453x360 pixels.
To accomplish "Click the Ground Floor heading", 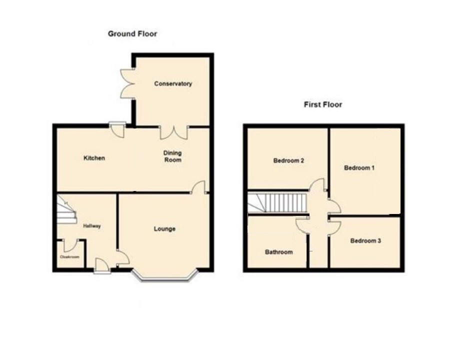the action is tap(132, 34).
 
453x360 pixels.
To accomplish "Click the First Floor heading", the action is tap(322, 104).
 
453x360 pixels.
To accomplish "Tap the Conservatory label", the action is tap(173, 84).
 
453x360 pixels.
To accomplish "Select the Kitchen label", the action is tap(94, 158).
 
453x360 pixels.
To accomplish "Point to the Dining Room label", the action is tap(173, 156).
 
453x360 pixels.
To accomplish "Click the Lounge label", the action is tap(164, 229).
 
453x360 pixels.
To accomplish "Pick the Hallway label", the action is tap(92, 226).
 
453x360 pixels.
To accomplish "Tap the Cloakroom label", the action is tap(69, 256).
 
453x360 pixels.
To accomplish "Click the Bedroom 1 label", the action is tap(359, 168).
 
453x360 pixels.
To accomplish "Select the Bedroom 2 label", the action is tap(288, 160).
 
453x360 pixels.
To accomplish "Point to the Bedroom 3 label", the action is tap(365, 240).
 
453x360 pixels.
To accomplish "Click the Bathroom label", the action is tap(278, 252).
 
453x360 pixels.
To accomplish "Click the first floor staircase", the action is tap(277, 203).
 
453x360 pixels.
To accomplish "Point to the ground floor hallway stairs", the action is tap(66, 209).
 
